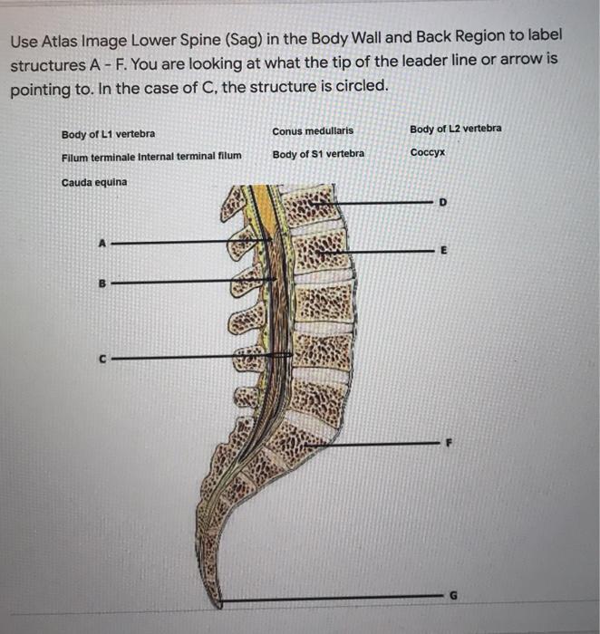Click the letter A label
(102, 244)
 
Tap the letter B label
(102, 283)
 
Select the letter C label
(102, 359)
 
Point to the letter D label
(443, 202)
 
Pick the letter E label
(444, 250)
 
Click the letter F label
(449, 443)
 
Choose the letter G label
(453, 596)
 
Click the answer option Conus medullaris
(313, 131)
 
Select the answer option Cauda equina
(94, 182)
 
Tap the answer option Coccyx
(428, 152)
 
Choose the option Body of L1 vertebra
(108, 134)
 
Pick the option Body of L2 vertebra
(456, 129)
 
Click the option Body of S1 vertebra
(318, 154)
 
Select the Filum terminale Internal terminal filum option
(151, 157)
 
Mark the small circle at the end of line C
(281, 355)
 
